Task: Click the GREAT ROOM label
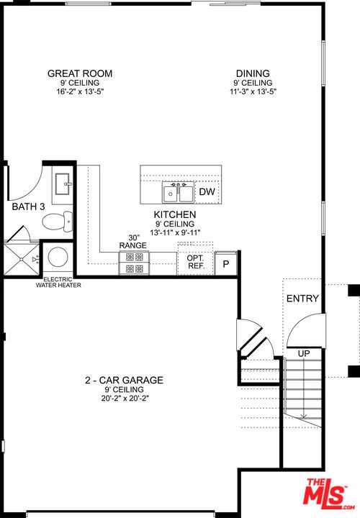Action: pos(80,73)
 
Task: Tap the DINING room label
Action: pos(253,73)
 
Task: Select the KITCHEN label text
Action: pos(175,215)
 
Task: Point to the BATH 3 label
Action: pos(28,207)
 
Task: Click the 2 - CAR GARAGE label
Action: pos(124,380)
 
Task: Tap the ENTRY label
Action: pos(302,299)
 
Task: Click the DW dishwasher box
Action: pos(207,193)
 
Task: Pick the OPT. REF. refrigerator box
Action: pos(195,262)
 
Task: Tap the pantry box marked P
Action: pos(225,263)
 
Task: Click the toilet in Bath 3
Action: pos(56,220)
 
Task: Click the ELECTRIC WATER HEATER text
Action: pos(59,283)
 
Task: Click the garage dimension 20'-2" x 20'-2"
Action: pos(124,398)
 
